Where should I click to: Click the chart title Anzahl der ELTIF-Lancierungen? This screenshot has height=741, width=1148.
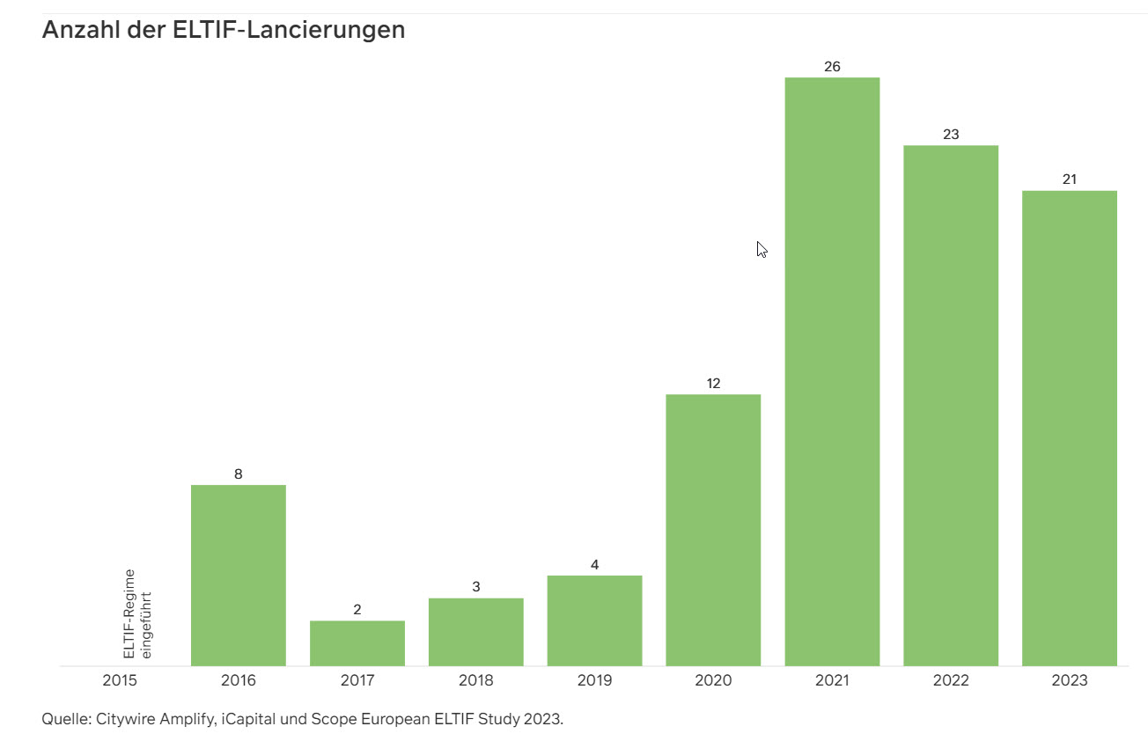[224, 30]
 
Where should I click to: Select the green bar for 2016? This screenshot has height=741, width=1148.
[239, 576]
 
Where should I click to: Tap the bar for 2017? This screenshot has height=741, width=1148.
[357, 643]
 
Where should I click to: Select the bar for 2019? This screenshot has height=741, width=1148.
[594, 620]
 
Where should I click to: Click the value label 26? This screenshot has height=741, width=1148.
[832, 67]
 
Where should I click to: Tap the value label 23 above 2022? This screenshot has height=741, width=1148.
[951, 135]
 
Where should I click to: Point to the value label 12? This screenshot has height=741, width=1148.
[713, 384]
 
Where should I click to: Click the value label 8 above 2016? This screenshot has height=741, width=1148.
[239, 474]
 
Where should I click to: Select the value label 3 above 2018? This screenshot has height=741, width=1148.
[476, 587]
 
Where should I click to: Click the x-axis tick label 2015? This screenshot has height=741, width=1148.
[120, 680]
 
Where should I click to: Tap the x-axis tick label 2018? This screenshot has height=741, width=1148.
[476, 680]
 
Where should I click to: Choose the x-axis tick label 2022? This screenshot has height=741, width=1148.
[951, 680]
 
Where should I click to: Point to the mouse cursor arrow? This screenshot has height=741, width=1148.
[762, 249]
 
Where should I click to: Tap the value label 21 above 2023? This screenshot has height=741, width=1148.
[1070, 180]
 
